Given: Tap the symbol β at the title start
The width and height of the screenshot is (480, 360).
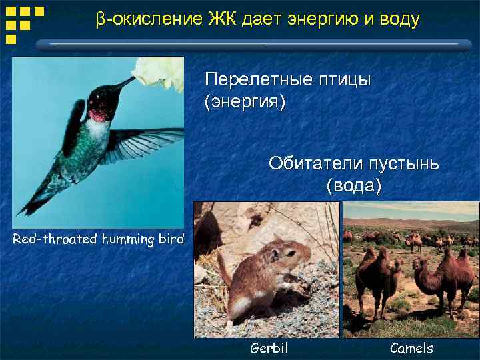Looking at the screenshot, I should [100, 21].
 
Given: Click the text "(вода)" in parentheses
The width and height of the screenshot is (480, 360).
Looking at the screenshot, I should [354, 186].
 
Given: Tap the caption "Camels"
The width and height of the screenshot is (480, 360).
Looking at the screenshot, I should [411, 348].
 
